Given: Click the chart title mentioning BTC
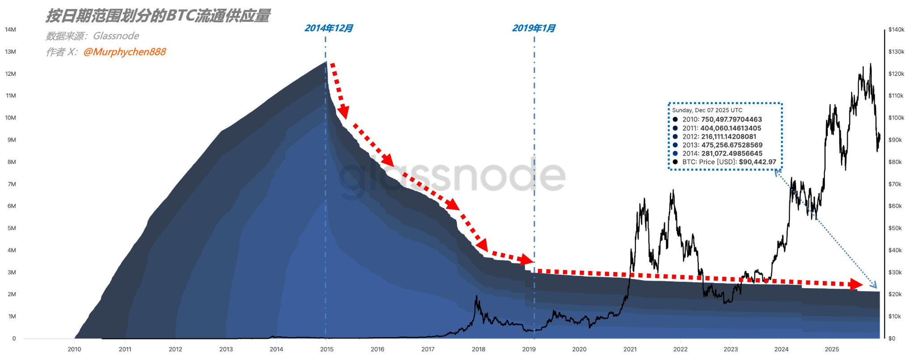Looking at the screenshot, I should coord(158,16).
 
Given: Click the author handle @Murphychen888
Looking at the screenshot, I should coord(125,52).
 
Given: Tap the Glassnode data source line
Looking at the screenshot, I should coord(92,36).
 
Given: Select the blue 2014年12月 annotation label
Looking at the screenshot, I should coord(328,28).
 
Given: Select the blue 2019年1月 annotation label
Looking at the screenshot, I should coord(533,28).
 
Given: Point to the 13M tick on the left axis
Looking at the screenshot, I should coord(10,52).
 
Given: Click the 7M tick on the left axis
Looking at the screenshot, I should coord(12,184).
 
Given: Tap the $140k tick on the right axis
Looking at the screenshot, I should coord(896,29).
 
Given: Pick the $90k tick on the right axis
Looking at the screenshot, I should coord(895,140).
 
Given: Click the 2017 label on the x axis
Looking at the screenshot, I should coord(428,349).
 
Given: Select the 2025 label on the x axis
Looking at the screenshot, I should coord(831,349).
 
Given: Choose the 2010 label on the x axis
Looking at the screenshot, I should coord(74,349).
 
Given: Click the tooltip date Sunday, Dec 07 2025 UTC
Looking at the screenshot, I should coord(707,110).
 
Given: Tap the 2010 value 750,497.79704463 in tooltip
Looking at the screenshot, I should coord(731,119).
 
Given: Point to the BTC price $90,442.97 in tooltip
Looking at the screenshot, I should coord(757,162).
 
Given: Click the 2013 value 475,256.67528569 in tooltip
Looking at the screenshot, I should coord(732,145).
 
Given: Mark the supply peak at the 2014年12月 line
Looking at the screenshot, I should coord(326,62).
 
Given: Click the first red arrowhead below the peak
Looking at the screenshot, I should coord(343,112).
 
